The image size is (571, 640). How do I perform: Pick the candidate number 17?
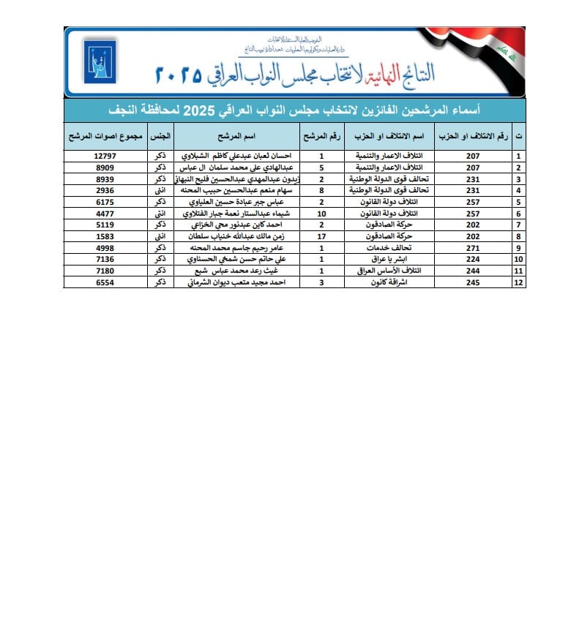[321, 236]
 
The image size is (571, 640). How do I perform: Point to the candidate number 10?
[321, 214]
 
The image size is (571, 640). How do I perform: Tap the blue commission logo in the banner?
[96, 62]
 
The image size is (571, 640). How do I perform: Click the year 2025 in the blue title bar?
[197, 110]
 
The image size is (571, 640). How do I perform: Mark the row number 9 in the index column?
[519, 248]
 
